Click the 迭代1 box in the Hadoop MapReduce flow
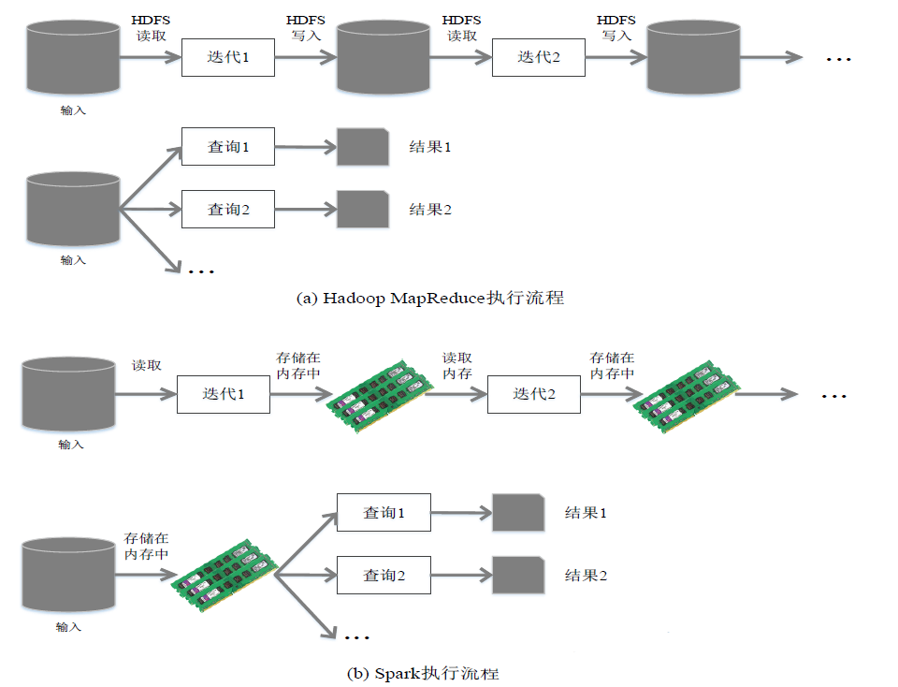point(227,57)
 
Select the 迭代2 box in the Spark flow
point(533,394)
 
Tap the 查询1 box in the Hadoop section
point(227,147)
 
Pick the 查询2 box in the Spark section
point(384,575)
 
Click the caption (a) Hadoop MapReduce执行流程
point(429,299)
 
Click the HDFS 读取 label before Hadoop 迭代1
point(150,28)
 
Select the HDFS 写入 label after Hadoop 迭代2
point(616,28)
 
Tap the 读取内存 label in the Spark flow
point(456,366)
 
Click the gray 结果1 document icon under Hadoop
point(362,148)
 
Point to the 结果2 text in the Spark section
point(586,575)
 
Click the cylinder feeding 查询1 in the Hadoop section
point(73,208)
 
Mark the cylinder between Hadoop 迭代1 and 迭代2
point(383,56)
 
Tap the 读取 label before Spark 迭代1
point(146,366)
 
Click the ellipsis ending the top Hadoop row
point(838,59)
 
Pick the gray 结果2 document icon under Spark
point(517,575)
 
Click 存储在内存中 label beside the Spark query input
point(146,547)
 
